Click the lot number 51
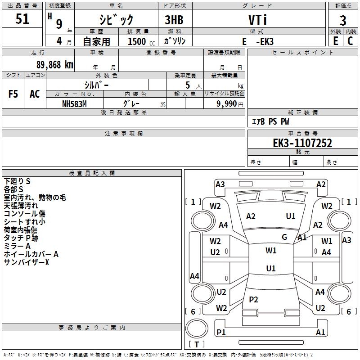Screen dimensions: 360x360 click(22, 19)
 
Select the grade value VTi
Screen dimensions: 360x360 click(257, 20)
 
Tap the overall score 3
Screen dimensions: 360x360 click(343, 20)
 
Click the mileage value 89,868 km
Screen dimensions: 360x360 click(54, 65)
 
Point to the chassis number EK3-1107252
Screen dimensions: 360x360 click(302, 143)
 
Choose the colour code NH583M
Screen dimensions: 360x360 click(74, 104)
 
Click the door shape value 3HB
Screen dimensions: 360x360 click(174, 20)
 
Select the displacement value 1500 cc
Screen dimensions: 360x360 click(141, 41)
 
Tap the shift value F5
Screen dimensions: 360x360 click(13, 94)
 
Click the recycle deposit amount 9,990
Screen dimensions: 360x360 click(226, 104)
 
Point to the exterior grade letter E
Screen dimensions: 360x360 click(336, 41)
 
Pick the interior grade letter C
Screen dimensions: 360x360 click(350, 41)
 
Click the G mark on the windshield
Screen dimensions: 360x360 click(284, 237)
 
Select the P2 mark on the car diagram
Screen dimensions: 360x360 click(253, 299)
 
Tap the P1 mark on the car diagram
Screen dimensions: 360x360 click(221, 332)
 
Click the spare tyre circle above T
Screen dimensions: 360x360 click(197, 328)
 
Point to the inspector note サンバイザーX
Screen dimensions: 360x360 click(27, 262)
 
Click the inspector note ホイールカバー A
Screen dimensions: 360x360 click(31, 254)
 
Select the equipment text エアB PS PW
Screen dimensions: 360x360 click(270, 121)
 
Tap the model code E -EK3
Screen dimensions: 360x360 click(258, 41)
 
